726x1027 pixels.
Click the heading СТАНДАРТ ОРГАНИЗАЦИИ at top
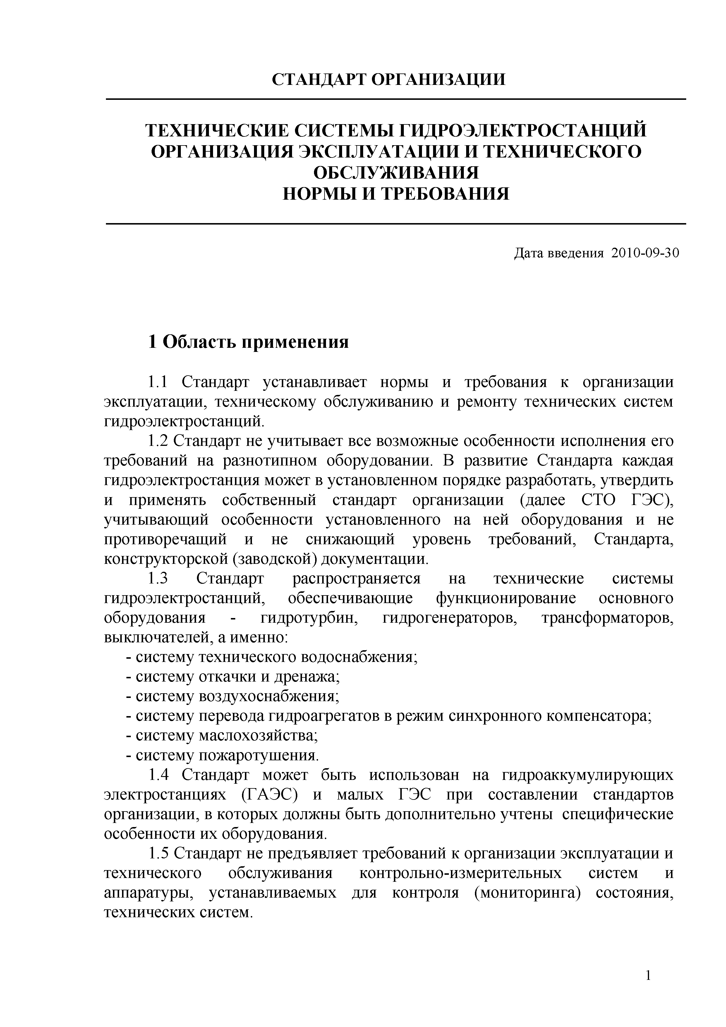pos(389,80)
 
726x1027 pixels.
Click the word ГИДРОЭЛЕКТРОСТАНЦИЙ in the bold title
pos(522,131)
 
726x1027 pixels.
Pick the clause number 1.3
pos(157,579)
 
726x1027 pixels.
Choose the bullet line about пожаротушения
pos(222,756)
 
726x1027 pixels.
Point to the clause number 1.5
pos(157,854)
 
